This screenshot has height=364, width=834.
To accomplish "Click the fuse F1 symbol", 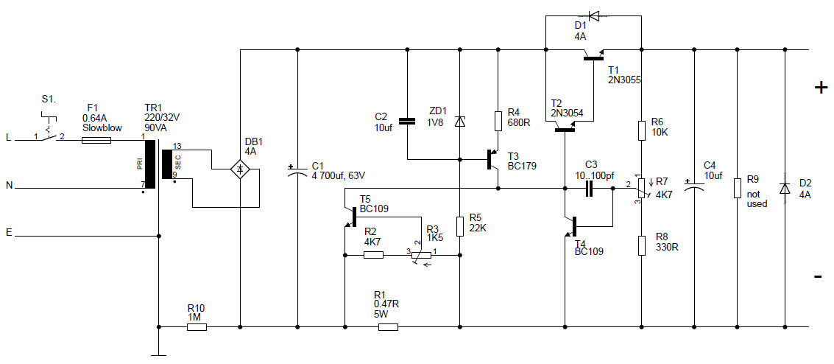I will pos(96,138).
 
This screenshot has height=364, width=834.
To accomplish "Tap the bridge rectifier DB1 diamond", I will pos(240,169).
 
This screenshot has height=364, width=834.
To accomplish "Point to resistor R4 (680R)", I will pos(498,119).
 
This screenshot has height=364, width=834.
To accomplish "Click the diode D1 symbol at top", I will pos(593,15).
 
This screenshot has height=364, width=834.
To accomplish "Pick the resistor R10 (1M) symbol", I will pos(197,326).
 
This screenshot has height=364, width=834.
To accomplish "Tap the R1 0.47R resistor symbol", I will pos(388,326).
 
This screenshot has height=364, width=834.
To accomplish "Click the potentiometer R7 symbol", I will pos(641,187).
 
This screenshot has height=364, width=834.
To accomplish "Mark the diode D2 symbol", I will pos(785,188).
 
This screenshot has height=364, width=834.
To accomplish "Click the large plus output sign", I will pos(820,88).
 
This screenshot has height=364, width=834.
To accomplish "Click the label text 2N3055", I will pos(624,80).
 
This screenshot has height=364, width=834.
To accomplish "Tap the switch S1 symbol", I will pos(49,133).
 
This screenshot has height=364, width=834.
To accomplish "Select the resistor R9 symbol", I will pos(737,188).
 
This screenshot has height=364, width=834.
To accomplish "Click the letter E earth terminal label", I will pos(9,233).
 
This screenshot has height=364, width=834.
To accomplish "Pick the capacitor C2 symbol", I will pos(406,120).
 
